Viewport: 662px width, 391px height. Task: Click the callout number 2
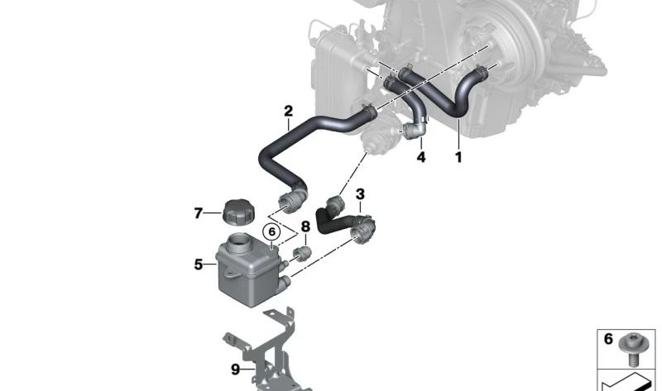click(288, 112)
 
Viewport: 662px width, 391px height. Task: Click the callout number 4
click(421, 157)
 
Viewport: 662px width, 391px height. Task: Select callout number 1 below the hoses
click(458, 157)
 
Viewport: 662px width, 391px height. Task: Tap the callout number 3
click(360, 194)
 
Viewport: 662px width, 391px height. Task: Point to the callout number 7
click(199, 213)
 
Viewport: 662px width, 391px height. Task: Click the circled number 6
click(271, 232)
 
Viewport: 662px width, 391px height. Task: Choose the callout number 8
click(305, 227)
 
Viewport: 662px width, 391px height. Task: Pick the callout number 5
click(199, 265)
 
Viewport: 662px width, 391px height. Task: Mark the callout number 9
click(236, 370)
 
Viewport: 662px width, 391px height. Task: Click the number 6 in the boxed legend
click(608, 339)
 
